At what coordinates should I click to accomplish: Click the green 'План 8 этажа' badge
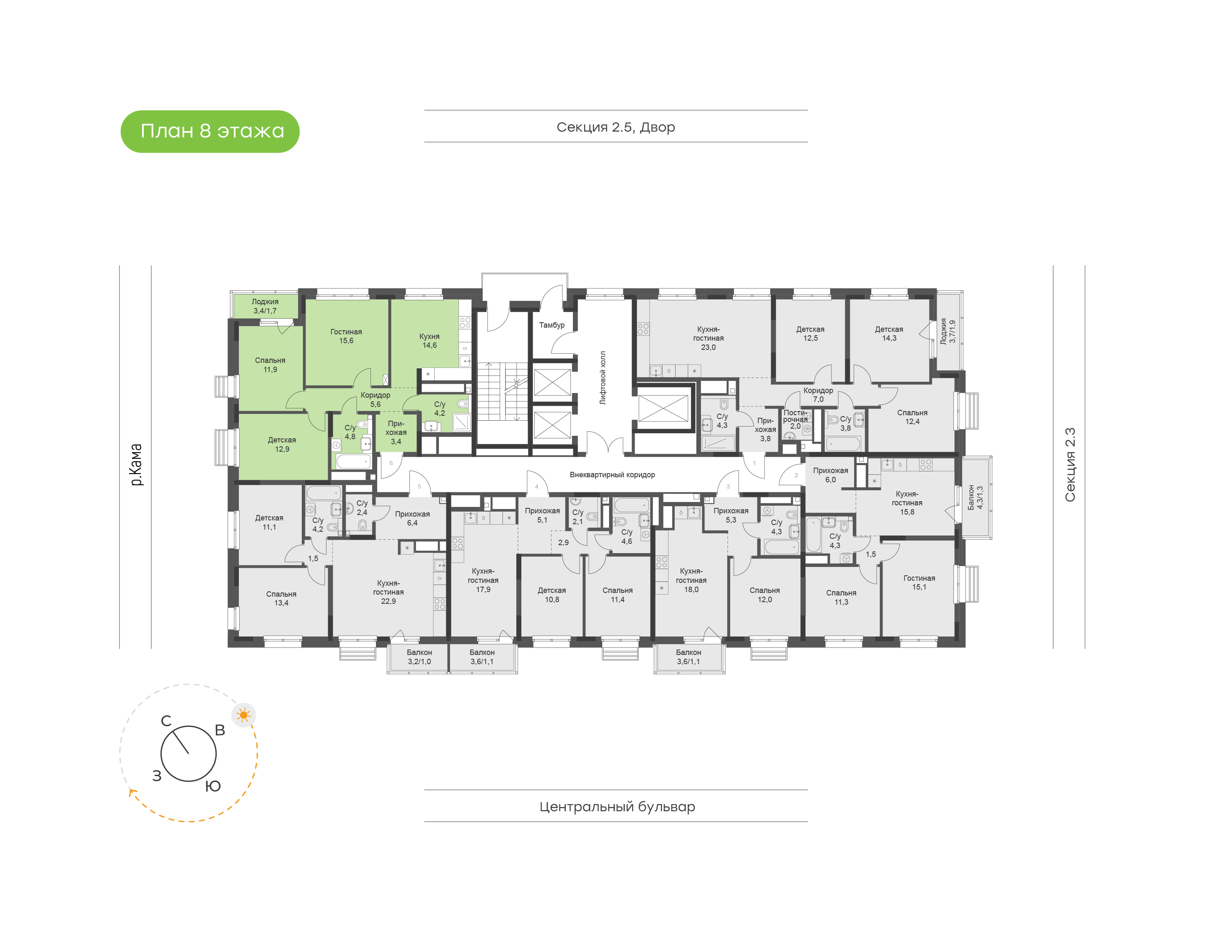pyautogui.click(x=210, y=132)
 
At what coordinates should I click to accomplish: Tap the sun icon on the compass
pyautogui.click(x=243, y=715)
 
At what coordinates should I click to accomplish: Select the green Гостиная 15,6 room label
pyautogui.click(x=346, y=336)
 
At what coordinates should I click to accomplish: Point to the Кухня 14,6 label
pyautogui.click(x=429, y=340)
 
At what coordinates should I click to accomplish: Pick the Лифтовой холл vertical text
pyautogui.click(x=603, y=378)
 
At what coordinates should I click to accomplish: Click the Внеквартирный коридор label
pyautogui.click(x=612, y=475)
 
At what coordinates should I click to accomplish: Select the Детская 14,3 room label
pyautogui.click(x=889, y=333)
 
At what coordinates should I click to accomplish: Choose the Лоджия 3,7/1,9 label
pyautogui.click(x=948, y=331)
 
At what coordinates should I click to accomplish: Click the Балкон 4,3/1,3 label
pyautogui.click(x=975, y=497)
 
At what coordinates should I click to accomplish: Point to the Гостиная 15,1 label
pyautogui.click(x=919, y=582)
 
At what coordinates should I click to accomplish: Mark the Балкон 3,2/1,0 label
pyautogui.click(x=419, y=657)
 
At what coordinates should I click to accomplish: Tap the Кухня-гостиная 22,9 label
pyautogui.click(x=388, y=592)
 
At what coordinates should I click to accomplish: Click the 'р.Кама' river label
pyautogui.click(x=136, y=465)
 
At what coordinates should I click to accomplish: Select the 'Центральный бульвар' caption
pyautogui.click(x=617, y=806)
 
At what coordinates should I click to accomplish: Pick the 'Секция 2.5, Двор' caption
pyautogui.click(x=615, y=127)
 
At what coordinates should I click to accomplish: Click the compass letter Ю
pyautogui.click(x=213, y=786)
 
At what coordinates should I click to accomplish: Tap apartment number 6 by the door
pyautogui.click(x=391, y=463)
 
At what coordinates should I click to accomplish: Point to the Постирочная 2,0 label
pyautogui.click(x=795, y=419)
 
